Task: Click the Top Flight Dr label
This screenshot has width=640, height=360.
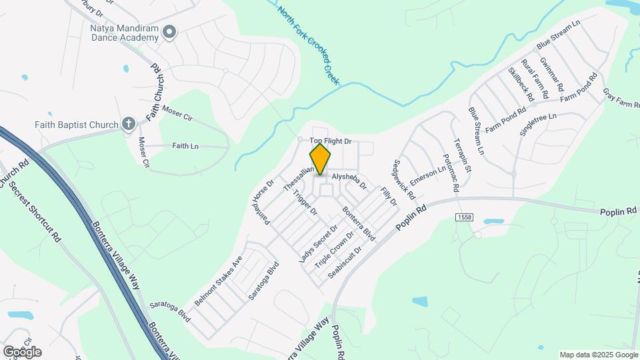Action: click(x=331, y=141)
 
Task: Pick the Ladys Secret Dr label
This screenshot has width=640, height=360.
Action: click(x=315, y=243)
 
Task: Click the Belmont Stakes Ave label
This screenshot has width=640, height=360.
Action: click(x=218, y=281)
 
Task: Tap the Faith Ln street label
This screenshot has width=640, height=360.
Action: click(x=185, y=146)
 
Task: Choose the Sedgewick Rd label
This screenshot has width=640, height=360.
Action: click(x=404, y=180)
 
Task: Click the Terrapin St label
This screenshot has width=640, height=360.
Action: click(x=463, y=156)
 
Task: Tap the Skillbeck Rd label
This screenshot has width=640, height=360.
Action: click(x=521, y=84)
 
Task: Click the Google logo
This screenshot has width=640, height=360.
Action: click(x=22, y=351)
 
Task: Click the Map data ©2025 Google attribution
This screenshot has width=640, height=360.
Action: click(x=599, y=355)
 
